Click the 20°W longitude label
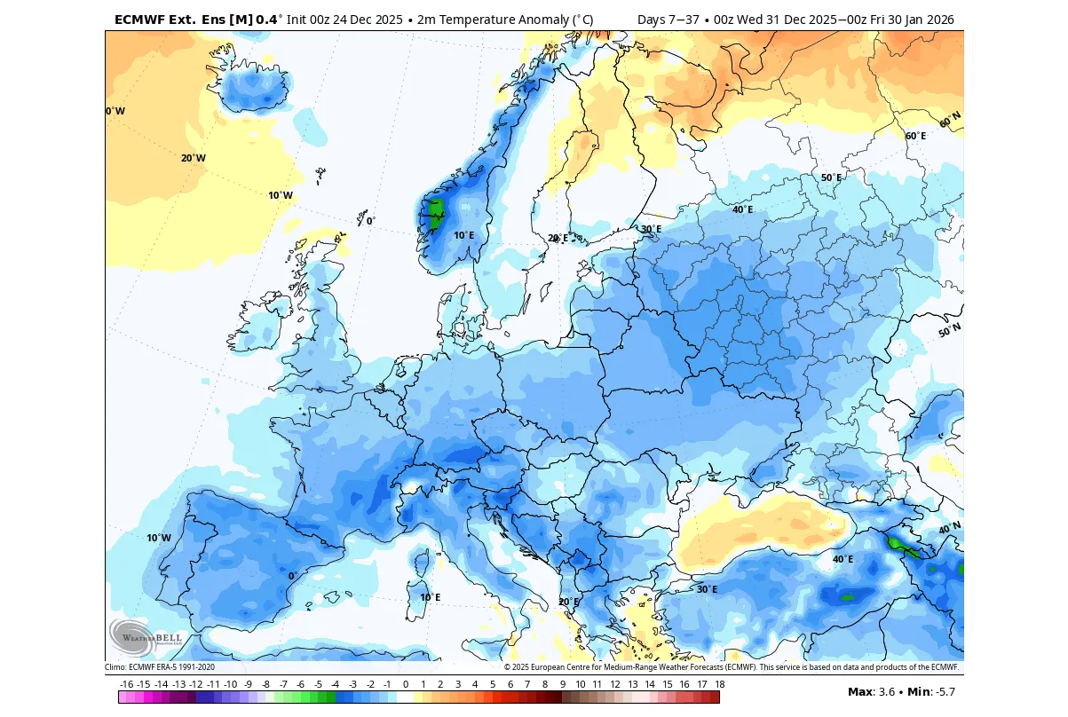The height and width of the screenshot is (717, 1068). click(x=194, y=158)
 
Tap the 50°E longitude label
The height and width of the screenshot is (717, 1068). click(x=831, y=177)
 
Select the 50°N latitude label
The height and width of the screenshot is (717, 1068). click(x=950, y=331)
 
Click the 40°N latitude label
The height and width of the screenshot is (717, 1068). click(x=950, y=528)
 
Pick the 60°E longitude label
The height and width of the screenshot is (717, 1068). click(x=915, y=136)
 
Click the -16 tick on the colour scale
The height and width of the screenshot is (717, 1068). click(x=126, y=684)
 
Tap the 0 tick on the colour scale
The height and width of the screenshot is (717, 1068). click(x=406, y=684)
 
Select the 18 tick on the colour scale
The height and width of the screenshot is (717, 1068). click(x=719, y=684)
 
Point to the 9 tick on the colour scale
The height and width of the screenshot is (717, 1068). click(x=562, y=684)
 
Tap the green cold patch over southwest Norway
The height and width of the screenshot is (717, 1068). click(x=436, y=213)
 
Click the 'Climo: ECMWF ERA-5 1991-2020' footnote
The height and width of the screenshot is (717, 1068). click(x=160, y=667)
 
